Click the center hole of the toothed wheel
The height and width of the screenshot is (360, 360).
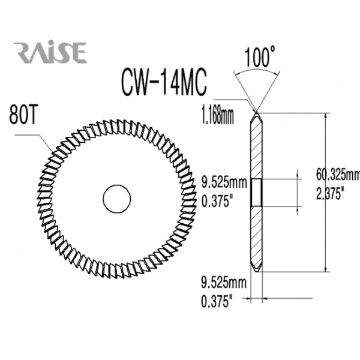[116, 197]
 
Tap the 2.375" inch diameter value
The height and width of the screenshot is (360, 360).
[331, 194]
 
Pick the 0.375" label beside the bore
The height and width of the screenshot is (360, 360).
[218, 202]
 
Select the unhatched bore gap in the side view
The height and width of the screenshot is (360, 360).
[256, 191]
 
